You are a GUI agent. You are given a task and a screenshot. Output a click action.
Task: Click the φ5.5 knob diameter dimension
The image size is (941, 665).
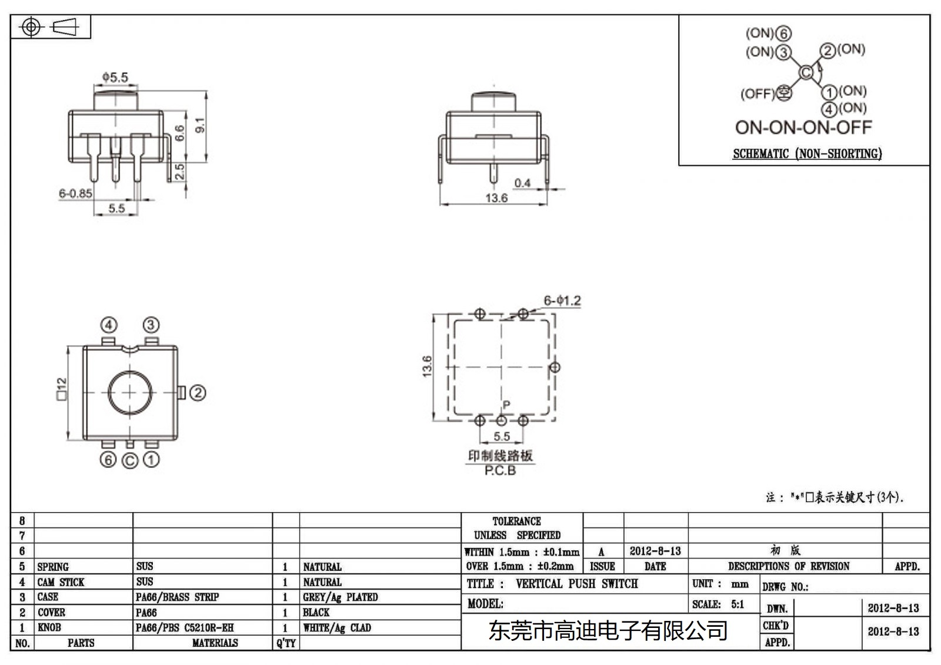coord(115,77)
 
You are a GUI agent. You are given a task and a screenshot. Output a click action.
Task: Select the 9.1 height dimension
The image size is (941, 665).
coord(200,125)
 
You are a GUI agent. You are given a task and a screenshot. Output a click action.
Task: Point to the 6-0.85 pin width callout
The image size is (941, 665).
coord(75,193)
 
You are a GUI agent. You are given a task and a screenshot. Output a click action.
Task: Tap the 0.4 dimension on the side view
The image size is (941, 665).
coord(522,183)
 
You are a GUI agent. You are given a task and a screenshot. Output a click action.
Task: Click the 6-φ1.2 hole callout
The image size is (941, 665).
coord(562,300)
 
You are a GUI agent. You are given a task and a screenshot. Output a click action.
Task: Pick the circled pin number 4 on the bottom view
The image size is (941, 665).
coord(109,325)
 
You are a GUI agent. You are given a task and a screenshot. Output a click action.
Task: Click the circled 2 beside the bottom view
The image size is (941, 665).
coord(198,393)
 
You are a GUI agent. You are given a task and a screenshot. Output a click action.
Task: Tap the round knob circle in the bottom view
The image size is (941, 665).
coord(130,393)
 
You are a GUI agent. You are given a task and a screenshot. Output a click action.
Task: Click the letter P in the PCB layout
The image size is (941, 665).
coord(506,405)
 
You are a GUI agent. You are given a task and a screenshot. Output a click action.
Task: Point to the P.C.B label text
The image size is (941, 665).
coord(500,471)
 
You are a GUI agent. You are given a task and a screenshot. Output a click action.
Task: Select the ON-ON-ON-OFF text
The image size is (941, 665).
coord(803,127)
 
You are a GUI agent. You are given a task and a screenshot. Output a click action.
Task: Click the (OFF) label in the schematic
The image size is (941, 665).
coord(758,93)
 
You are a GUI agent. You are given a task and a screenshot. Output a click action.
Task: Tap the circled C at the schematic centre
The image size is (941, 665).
coord(806,72)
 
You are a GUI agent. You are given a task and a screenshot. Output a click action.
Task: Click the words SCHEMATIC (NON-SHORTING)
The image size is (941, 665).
coord(807,153)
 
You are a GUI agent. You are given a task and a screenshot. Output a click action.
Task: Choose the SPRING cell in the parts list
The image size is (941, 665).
coord(53,567)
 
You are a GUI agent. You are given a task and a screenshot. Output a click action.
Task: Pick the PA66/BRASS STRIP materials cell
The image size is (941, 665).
coord(177,597)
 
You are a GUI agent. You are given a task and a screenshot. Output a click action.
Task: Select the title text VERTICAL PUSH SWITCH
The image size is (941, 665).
coord(576,584)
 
